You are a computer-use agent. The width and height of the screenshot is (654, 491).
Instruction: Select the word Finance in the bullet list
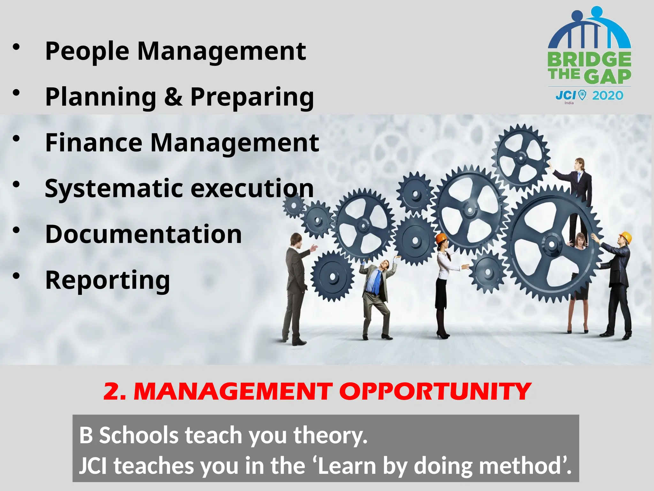94,143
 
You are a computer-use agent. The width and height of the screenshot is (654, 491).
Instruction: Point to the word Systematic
114,189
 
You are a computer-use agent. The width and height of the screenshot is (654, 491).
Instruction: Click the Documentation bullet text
143,234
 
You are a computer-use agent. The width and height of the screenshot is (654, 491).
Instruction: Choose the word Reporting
107,280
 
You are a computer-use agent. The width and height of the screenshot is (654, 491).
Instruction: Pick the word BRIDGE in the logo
589,60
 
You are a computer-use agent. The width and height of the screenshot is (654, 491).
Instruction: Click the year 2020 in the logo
607,96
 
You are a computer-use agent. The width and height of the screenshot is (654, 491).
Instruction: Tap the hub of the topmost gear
521,158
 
